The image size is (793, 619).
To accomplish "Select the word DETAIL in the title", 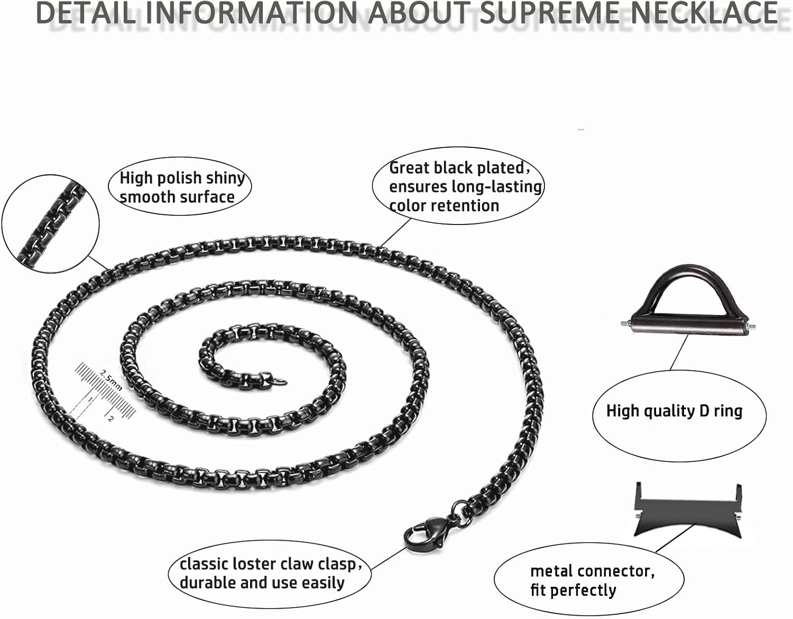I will tap(85, 13).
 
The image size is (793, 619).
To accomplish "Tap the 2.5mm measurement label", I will tap(111, 379).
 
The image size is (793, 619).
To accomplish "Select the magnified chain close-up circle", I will tap(51, 224).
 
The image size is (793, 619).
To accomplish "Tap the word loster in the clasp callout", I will tap(253, 564).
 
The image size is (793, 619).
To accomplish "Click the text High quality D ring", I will tap(674, 410).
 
